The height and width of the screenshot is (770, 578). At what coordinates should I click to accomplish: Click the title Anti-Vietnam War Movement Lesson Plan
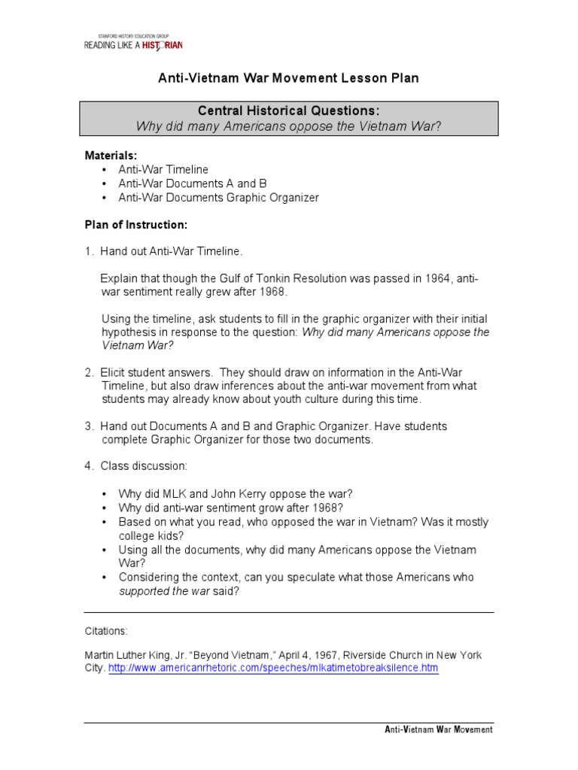click(x=288, y=78)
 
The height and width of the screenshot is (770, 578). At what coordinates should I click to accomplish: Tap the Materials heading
click(x=110, y=155)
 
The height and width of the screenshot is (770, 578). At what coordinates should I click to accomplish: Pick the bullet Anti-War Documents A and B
click(x=193, y=183)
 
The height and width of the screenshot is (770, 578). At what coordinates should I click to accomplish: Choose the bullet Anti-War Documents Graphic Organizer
click(x=218, y=198)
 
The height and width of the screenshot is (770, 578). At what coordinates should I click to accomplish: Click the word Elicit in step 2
click(x=114, y=371)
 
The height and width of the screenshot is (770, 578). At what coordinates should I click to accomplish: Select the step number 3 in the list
click(x=88, y=426)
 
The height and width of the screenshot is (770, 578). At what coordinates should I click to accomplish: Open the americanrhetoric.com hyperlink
click(x=273, y=668)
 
